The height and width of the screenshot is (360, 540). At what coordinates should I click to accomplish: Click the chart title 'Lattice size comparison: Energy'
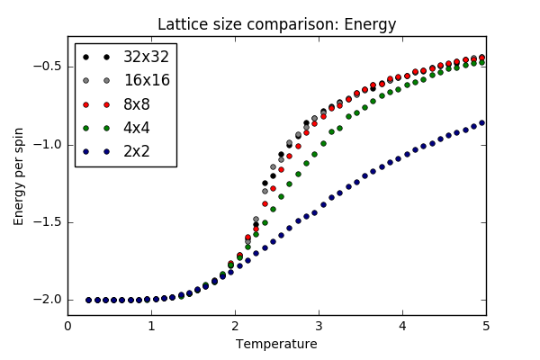[276, 24]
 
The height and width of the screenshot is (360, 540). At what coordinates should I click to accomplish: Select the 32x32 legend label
[146, 56]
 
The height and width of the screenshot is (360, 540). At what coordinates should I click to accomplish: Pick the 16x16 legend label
[146, 80]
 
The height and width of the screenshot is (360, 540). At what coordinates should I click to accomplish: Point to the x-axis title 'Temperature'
[276, 344]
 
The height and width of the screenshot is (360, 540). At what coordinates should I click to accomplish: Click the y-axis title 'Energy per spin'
[19, 175]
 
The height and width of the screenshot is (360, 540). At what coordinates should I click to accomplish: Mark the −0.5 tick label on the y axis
[46, 67]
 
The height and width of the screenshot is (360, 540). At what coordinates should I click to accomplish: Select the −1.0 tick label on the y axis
[46, 144]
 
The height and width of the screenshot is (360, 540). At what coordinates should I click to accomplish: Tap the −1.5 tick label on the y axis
[46, 221]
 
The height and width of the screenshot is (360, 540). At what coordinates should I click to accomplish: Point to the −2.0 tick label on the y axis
[46, 300]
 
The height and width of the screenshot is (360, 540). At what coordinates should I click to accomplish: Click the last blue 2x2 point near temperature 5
[481, 122]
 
